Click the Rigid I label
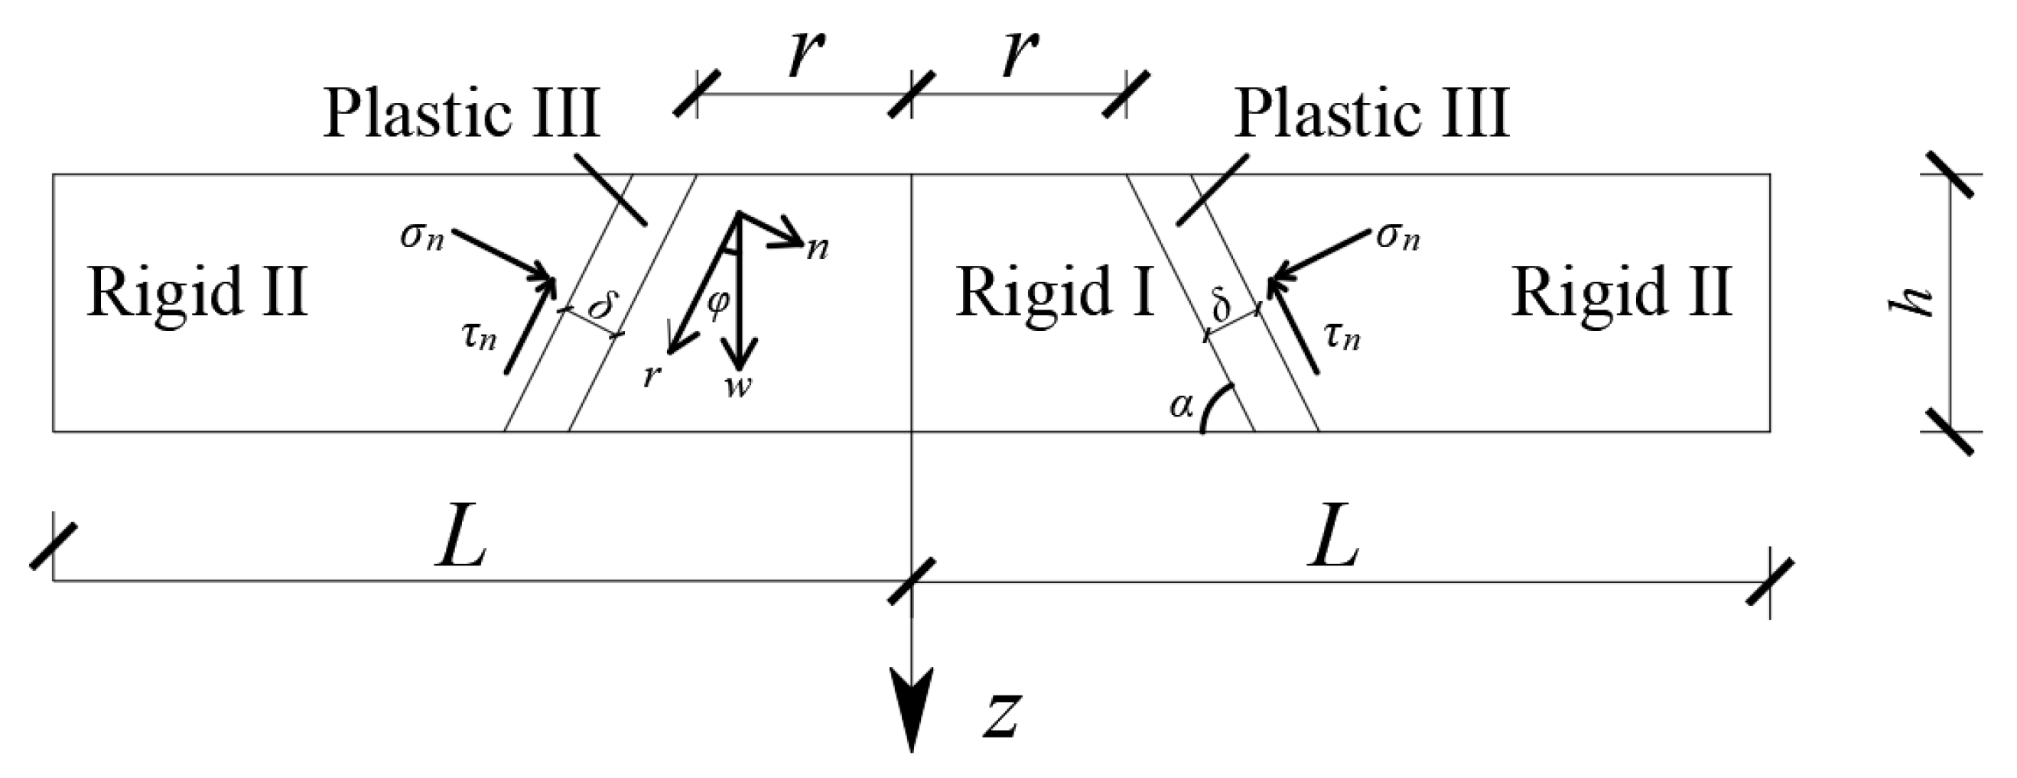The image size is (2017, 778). (1055, 293)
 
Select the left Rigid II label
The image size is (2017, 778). (197, 293)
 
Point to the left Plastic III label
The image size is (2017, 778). (462, 115)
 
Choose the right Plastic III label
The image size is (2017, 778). (1371, 115)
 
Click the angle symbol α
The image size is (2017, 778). (1182, 406)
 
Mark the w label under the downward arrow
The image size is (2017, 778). (737, 385)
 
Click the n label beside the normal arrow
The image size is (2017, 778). (818, 249)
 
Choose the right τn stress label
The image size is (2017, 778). (1342, 336)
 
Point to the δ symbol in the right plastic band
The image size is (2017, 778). (1222, 306)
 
